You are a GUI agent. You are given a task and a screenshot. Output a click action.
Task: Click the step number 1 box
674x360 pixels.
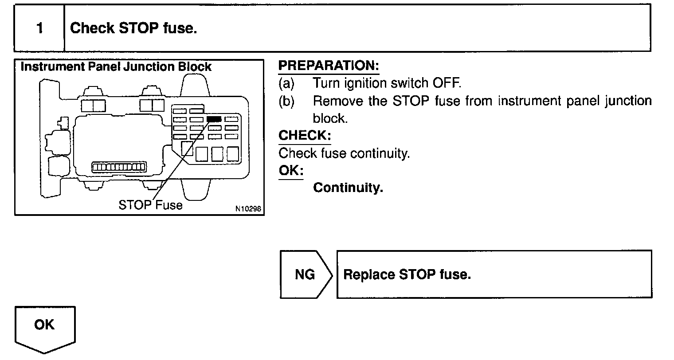[39, 28]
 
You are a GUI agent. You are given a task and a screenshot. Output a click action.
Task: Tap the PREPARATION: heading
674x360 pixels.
[329, 66]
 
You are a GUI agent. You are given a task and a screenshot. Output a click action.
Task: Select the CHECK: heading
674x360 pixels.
[305, 136]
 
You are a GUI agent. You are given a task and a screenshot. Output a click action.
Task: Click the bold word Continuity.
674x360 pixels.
[348, 188]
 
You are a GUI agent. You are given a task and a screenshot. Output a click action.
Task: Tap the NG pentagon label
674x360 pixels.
[305, 274]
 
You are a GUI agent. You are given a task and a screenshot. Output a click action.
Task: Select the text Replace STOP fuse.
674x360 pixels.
[407, 274]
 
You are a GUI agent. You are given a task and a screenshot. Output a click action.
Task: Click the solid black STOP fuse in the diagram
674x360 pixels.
[214, 119]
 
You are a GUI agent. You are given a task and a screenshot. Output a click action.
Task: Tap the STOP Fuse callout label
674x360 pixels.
[150, 205]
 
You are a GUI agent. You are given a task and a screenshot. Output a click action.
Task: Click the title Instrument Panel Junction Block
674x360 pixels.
[116, 67]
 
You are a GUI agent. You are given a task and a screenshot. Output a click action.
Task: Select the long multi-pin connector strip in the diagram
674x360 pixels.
[118, 167]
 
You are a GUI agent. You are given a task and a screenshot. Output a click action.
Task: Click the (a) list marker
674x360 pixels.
[286, 83]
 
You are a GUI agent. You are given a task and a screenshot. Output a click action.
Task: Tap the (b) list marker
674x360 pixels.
[286, 102]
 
